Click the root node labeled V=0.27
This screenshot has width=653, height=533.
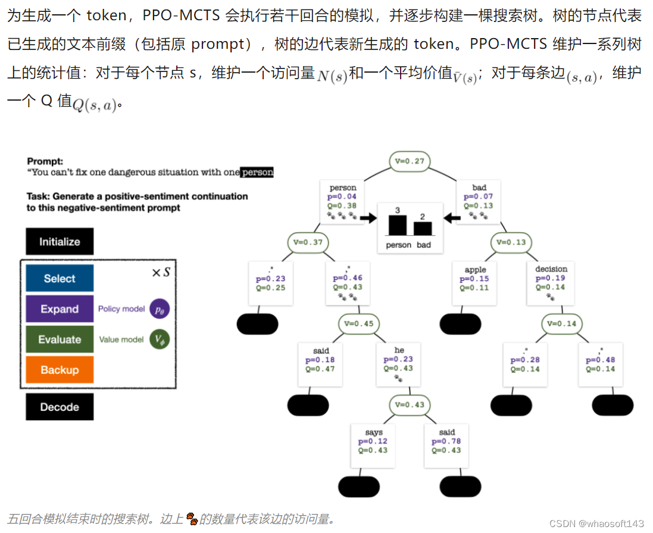(x=410, y=161)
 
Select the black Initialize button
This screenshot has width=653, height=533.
(x=60, y=241)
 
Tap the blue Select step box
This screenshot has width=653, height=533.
(x=60, y=278)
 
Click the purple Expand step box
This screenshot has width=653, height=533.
(x=60, y=309)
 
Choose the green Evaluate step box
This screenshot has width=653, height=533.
(x=60, y=339)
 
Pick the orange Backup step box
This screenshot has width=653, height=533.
(x=60, y=370)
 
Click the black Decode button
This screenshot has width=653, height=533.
(x=60, y=407)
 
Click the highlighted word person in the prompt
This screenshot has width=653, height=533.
(x=257, y=172)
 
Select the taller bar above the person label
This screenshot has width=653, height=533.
(x=398, y=225)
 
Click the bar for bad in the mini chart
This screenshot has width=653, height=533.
(x=423, y=228)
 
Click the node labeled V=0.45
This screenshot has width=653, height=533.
(x=360, y=323)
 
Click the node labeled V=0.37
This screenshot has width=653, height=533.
(x=308, y=242)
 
